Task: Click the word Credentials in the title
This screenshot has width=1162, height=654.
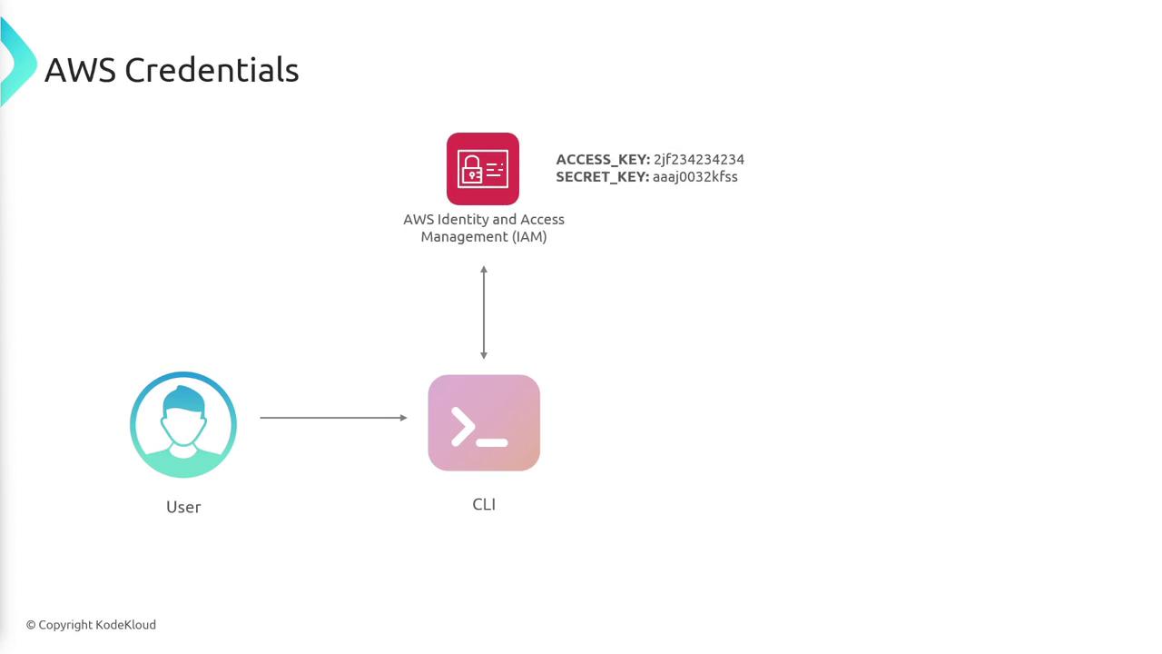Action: (x=212, y=70)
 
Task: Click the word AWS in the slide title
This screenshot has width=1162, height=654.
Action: (x=81, y=70)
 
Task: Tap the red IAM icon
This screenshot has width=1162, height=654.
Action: (x=482, y=169)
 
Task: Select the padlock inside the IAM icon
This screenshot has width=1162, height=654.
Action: (x=472, y=170)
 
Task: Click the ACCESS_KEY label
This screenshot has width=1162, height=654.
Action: (x=603, y=160)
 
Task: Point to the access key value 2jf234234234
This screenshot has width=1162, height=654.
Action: (x=699, y=159)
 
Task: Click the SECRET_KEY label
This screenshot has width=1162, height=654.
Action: (x=602, y=177)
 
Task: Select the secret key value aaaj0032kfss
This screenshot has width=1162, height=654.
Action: (x=695, y=176)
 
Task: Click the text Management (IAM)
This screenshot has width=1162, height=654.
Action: (x=484, y=237)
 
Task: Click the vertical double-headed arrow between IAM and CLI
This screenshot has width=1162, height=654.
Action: (x=484, y=312)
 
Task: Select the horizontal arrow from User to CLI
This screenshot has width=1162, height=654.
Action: (x=333, y=417)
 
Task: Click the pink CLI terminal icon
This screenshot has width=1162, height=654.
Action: (x=484, y=423)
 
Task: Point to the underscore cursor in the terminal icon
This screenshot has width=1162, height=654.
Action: (x=492, y=442)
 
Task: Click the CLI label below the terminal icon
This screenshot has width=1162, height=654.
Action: (x=484, y=504)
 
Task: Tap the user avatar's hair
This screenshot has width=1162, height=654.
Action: (x=183, y=399)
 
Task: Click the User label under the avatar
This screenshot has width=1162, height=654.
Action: (x=183, y=507)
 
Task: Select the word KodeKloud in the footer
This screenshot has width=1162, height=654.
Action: (x=125, y=625)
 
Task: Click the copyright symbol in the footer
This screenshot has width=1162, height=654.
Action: (x=31, y=626)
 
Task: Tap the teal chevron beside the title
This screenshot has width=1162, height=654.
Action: (x=18, y=63)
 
